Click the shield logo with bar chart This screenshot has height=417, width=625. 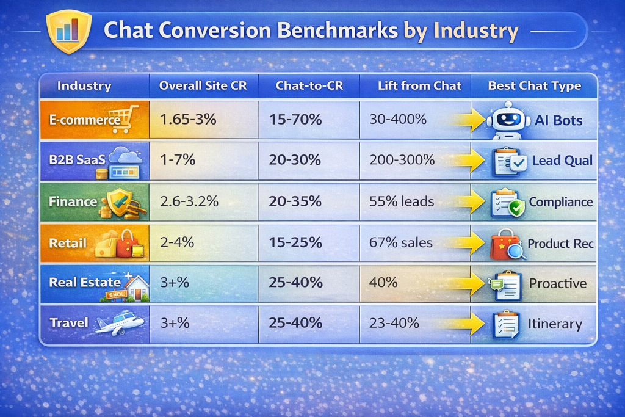69,31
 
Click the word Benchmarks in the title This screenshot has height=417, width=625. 337,31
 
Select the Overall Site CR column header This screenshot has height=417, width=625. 203,85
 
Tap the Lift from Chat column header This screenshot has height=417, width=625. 419,85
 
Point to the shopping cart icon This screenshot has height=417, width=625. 126,118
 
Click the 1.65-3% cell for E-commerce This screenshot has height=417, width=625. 188,119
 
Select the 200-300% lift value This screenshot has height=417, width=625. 402,160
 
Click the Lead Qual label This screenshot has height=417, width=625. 562,160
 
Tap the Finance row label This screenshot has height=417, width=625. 73,201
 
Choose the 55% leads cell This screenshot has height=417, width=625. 402,201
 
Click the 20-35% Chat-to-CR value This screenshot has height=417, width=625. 295,201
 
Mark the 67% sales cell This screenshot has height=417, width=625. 400,242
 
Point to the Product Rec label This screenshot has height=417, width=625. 560,244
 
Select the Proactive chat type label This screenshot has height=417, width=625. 558,283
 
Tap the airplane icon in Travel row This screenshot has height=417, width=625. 120,322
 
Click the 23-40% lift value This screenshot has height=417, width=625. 394,323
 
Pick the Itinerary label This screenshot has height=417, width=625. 555,324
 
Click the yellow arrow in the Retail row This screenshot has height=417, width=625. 466,242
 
